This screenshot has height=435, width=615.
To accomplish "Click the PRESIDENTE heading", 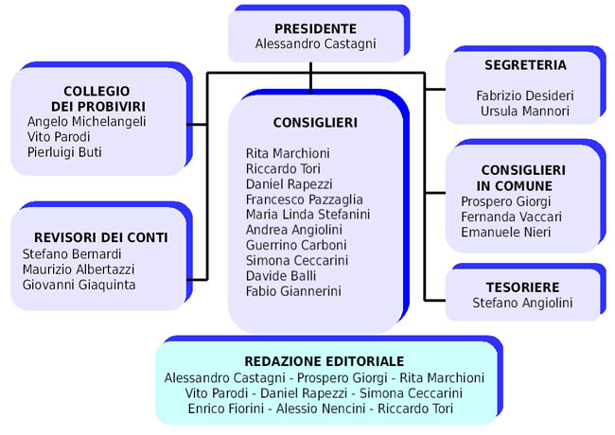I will point(315,28).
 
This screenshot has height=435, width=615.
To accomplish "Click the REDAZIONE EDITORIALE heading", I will point(324,361).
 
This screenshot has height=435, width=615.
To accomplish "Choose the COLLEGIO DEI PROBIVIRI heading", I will point(98,97).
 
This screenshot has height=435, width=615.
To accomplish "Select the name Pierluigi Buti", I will point(64,152).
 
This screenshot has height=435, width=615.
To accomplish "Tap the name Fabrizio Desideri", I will point(525,96).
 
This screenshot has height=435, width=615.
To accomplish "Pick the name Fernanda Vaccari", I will point(511,217).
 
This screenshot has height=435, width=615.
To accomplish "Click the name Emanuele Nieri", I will point(505,232).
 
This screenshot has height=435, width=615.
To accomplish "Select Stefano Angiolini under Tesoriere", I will point(522,303).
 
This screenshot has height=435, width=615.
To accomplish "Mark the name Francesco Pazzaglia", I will point(305,199).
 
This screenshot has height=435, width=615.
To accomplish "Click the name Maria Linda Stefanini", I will point(307,214).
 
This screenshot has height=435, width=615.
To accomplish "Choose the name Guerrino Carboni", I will point(297,244).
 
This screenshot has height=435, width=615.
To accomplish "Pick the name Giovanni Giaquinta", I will point(79,284).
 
